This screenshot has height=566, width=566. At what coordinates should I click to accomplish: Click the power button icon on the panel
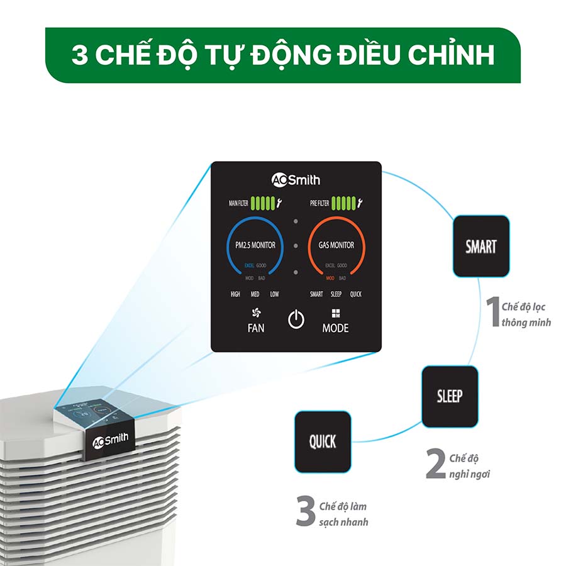pos(296,320)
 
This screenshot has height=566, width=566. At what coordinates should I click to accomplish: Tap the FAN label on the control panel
pos(256,328)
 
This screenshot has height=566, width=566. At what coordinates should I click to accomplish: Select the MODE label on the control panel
pos(335,328)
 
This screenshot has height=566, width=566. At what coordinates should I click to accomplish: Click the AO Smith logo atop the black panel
pos(296,180)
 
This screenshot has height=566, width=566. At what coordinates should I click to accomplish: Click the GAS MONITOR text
pos(336,245)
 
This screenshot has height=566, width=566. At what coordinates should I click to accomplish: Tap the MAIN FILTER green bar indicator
pos(263,203)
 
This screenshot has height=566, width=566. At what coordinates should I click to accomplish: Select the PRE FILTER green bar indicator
pos(343,203)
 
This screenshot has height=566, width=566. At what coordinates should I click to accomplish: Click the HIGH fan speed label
pos(235,294)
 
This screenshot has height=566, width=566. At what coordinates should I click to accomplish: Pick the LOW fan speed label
pos(274,294)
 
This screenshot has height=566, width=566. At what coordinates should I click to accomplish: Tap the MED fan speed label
pos(255,294)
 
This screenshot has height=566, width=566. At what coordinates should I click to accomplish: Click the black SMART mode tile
pos(481,247)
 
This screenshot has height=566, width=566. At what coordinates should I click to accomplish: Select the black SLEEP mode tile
pos(450,396)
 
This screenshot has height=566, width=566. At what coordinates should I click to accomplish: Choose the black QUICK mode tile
pos(323,441)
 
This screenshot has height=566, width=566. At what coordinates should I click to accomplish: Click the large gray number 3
pos(306,512)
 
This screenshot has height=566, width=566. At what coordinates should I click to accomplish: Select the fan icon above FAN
pos(256,312)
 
